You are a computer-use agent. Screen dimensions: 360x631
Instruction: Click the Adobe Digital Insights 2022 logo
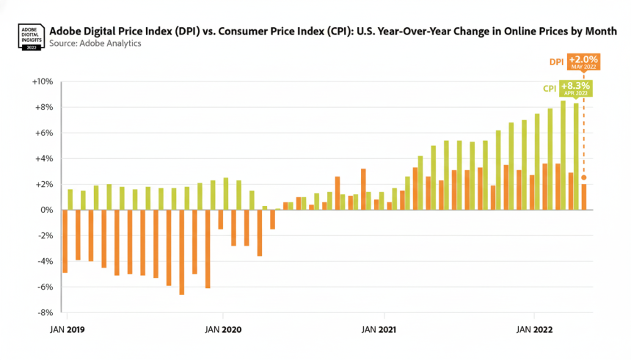30,37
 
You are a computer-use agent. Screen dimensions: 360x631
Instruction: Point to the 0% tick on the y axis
46,210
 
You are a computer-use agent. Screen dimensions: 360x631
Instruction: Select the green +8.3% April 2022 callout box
575,89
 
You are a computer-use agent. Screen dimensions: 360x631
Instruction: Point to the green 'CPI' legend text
549,89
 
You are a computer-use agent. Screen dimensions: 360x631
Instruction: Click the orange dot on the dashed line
584,177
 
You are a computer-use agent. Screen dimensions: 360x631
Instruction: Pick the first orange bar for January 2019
65,241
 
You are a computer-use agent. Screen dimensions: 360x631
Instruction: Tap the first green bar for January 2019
70,199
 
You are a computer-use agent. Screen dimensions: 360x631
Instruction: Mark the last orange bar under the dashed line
584,196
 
